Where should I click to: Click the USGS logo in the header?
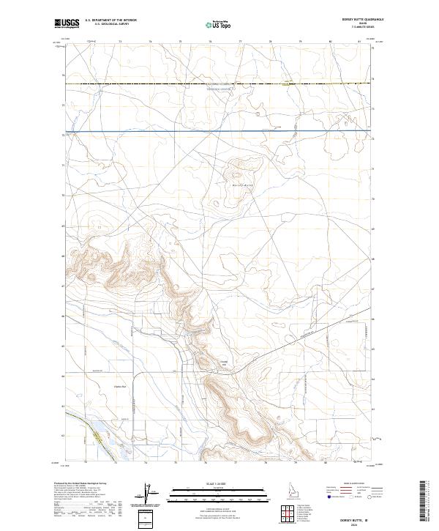tap(67, 24)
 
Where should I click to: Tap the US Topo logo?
tap(217, 24)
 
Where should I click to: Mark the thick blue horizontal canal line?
tap(219, 131)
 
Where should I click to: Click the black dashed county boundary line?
tap(219, 84)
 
